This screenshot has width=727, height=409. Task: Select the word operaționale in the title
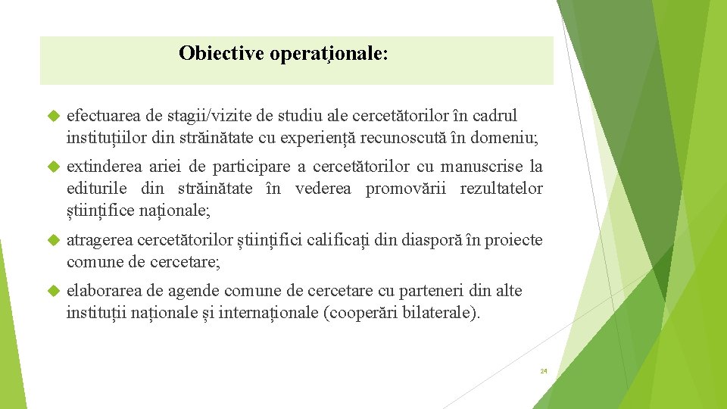point(327,55)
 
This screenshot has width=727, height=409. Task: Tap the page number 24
point(544,371)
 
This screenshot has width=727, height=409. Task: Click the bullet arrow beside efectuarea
point(53,117)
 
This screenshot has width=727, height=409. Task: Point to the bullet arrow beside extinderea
point(53,167)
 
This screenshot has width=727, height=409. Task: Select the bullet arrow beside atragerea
point(53,241)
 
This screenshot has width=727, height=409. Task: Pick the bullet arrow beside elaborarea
point(53,291)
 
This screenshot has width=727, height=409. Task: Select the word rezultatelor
point(501,189)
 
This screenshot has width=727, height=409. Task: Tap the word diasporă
point(434,241)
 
